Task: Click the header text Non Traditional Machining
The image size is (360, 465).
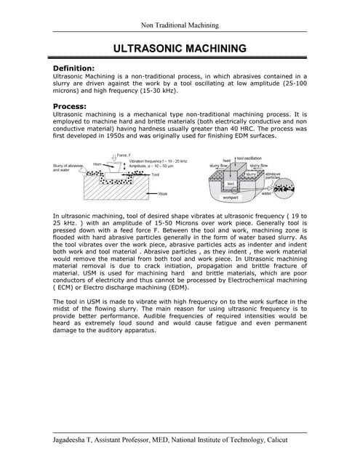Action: pyautogui.click(x=180, y=25)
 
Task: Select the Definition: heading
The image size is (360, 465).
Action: pyautogui.click(x=79, y=68)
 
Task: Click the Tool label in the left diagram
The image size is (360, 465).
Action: pyautogui.click(x=156, y=175)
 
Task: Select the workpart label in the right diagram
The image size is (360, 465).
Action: pyautogui.click(x=231, y=197)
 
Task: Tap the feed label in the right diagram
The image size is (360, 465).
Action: pyautogui.click(x=226, y=161)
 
